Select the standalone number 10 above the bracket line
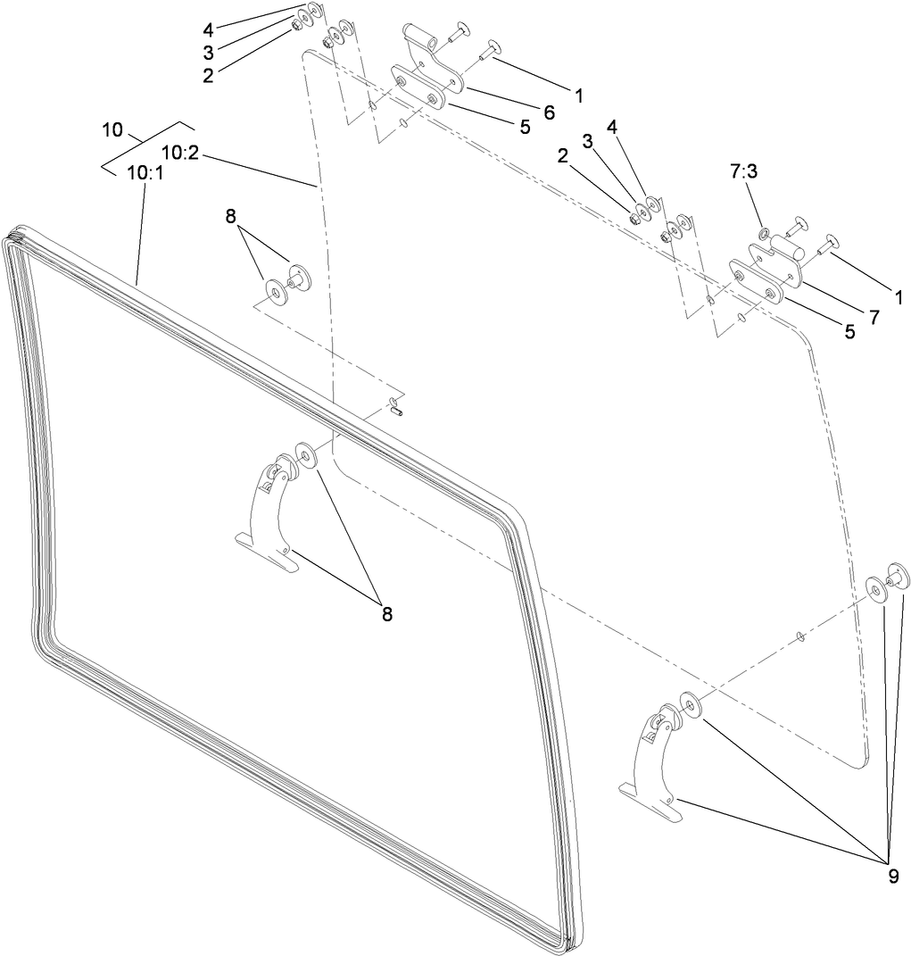112,130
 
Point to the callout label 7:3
743,172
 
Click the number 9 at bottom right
893,876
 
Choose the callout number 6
548,112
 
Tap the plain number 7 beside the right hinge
874,317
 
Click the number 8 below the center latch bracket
386,613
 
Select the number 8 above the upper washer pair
231,216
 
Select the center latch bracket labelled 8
268,509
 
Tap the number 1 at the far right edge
899,297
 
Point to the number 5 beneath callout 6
525,127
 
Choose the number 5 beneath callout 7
849,331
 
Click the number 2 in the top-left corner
208,75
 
